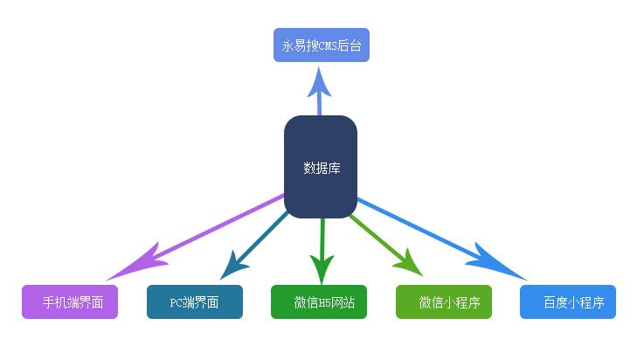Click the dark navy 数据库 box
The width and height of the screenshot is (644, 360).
pyautogui.click(x=321, y=166)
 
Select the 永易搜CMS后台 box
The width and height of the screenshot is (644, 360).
pyautogui.click(x=322, y=45)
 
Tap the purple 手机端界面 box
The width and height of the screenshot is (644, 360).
pyautogui.click(x=70, y=302)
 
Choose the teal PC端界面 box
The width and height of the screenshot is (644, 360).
pyautogui.click(x=195, y=302)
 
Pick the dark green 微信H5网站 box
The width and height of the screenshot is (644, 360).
pyautogui.click(x=319, y=302)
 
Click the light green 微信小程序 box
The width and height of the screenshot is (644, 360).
pyautogui.click(x=444, y=302)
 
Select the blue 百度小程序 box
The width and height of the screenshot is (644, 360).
pyautogui.click(x=568, y=302)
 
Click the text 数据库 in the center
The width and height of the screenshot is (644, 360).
pyautogui.click(x=321, y=168)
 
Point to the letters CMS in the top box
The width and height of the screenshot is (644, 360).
pyautogui.click(x=324, y=45)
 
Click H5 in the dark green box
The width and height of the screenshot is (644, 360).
pyautogui.click(x=324, y=303)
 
